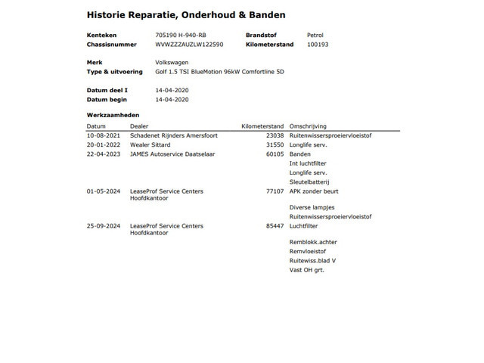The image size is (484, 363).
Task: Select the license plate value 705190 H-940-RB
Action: pyautogui.click(x=181, y=36)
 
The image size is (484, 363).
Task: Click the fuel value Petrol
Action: pyautogui.click(x=315, y=36)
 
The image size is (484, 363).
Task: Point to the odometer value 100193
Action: pyautogui.click(x=318, y=45)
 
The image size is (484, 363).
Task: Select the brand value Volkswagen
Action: pyautogui.click(x=172, y=63)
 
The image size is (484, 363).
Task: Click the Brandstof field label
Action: pyautogui.click(x=262, y=36)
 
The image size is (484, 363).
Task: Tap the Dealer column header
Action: pyautogui.click(x=140, y=126)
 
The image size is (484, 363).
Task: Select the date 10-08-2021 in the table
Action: pyautogui.click(x=102, y=136)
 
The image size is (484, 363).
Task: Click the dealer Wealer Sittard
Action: pyautogui.click(x=150, y=145)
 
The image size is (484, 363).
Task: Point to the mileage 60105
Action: pyautogui.click(x=273, y=154)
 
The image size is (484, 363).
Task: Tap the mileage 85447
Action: pyautogui.click(x=273, y=226)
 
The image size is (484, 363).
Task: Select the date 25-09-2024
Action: pyautogui.click(x=102, y=226)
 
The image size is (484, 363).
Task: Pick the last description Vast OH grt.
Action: pyautogui.click(x=306, y=270)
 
